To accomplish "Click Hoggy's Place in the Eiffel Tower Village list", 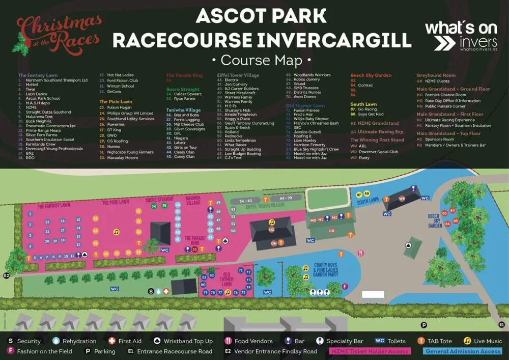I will click(237, 119).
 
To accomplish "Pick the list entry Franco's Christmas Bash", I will click(316, 123).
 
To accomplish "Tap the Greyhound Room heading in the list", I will click(436, 75).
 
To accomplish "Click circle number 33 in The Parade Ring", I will click(194, 249).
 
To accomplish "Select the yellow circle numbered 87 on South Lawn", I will click(360, 195).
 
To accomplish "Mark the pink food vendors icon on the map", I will click(360, 253).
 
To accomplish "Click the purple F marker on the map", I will click(345, 287).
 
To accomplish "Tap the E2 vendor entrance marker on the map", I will click(7, 275).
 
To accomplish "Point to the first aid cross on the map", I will click(165, 291).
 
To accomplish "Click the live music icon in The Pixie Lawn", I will click(116, 232).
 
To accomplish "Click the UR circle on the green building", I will click(332, 231).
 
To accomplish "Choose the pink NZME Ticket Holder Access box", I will click(369, 351).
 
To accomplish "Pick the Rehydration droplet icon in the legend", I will click(56, 341).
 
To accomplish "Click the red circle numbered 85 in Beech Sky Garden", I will click(455, 220).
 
